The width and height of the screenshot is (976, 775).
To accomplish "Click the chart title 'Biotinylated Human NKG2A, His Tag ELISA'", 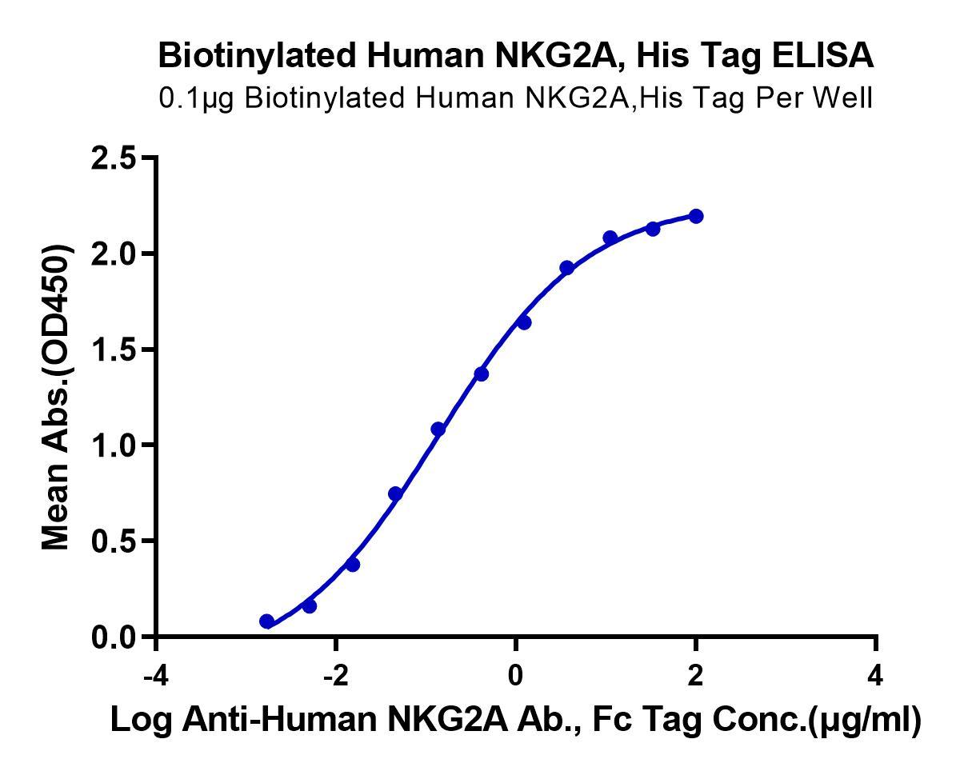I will tap(516, 55).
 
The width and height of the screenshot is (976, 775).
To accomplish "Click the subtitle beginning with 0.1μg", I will tap(516, 98).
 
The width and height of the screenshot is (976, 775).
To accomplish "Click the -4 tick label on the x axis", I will tap(156, 676).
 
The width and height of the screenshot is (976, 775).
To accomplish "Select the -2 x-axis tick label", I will tap(336, 676).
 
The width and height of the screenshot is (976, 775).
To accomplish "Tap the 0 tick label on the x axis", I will tap(516, 676).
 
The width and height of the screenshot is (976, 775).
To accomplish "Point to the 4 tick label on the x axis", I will tap(875, 676).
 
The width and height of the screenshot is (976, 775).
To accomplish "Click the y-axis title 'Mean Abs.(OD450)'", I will tap(56, 397).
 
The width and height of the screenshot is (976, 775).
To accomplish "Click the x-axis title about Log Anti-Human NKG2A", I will tap(516, 720).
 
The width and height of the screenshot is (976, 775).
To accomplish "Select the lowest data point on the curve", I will tap(267, 621).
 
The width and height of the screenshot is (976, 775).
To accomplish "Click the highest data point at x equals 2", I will tap(696, 216).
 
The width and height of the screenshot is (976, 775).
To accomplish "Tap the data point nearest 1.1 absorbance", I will tap(438, 429).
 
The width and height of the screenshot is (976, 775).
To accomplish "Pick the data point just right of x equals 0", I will tap(524, 322).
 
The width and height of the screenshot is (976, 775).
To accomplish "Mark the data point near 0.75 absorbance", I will tap(395, 493).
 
